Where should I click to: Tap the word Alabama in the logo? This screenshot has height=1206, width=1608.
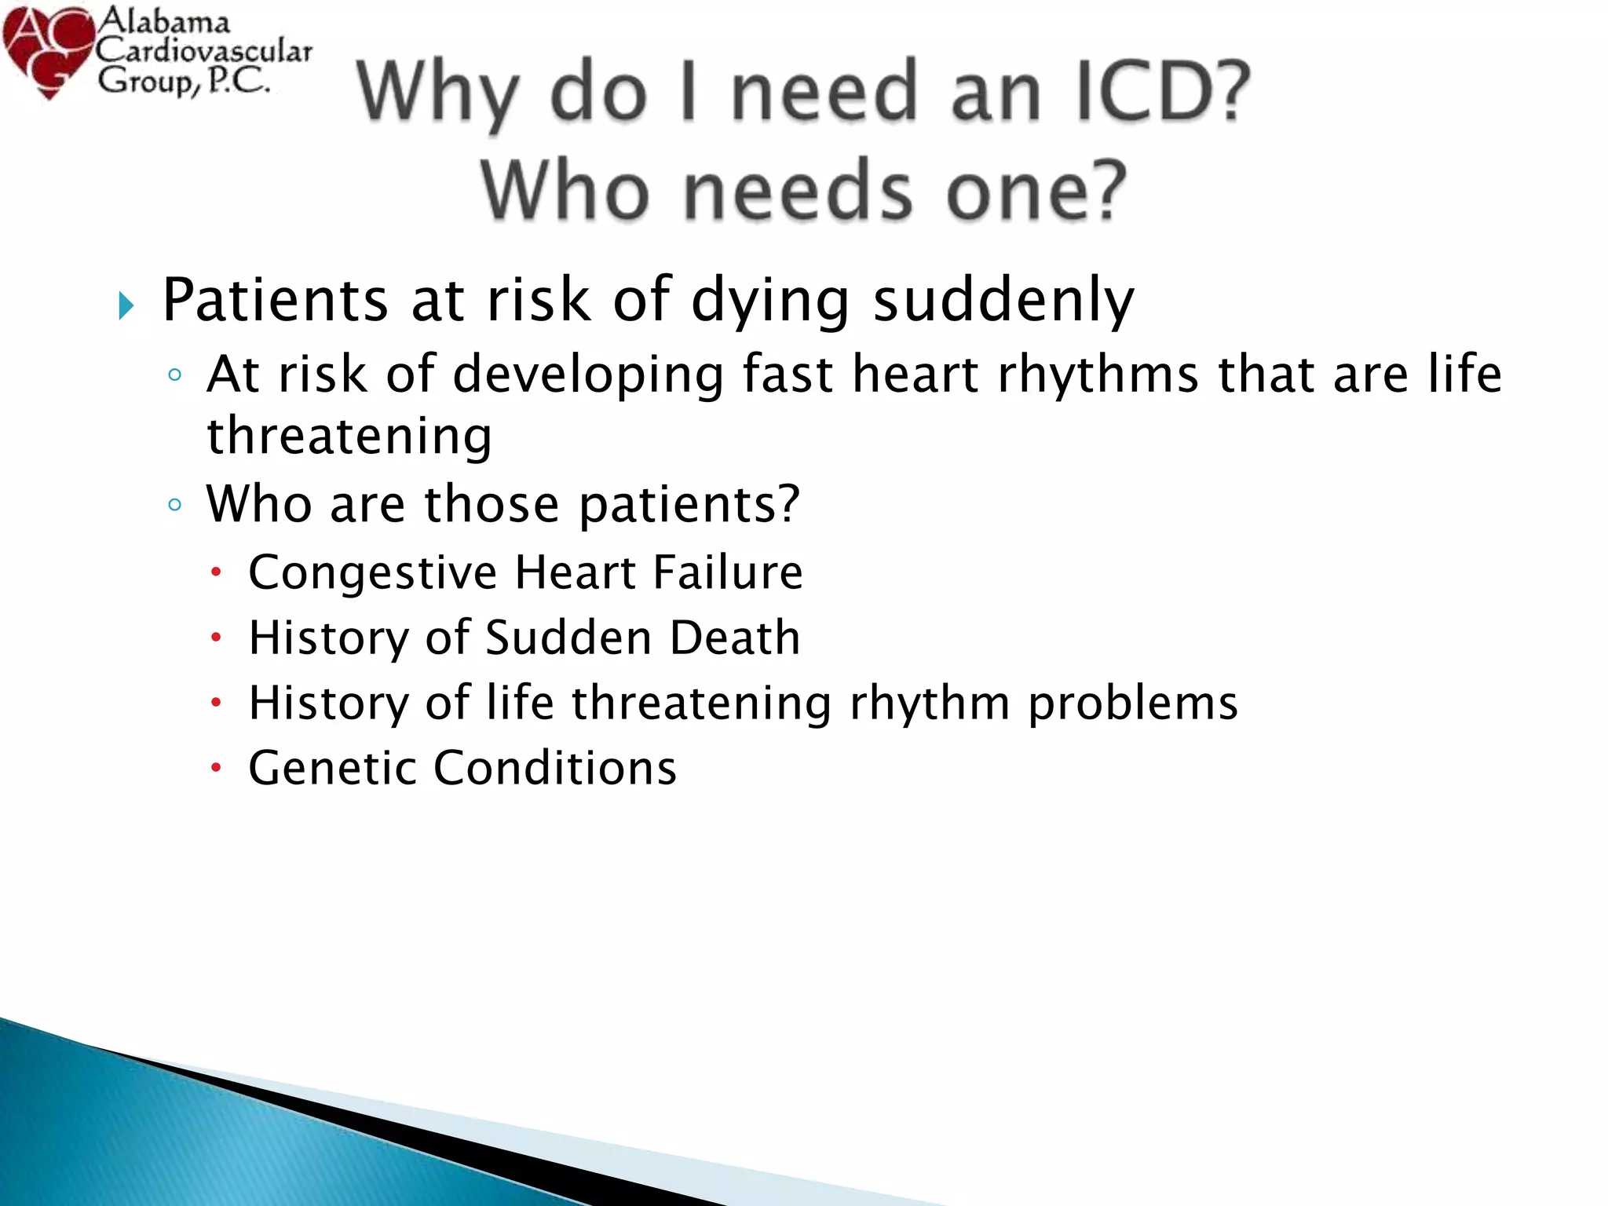[163, 20]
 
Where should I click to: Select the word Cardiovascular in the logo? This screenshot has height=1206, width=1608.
[204, 52]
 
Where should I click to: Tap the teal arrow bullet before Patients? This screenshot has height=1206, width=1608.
[126, 305]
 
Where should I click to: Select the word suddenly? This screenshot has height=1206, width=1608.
[1003, 300]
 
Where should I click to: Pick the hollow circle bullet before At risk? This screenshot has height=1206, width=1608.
[175, 375]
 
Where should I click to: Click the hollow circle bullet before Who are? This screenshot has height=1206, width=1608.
[175, 504]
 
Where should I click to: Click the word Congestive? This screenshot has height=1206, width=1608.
[372, 573]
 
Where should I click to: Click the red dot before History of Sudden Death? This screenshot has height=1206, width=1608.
[217, 638]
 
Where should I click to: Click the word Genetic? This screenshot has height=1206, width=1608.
[331, 767]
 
